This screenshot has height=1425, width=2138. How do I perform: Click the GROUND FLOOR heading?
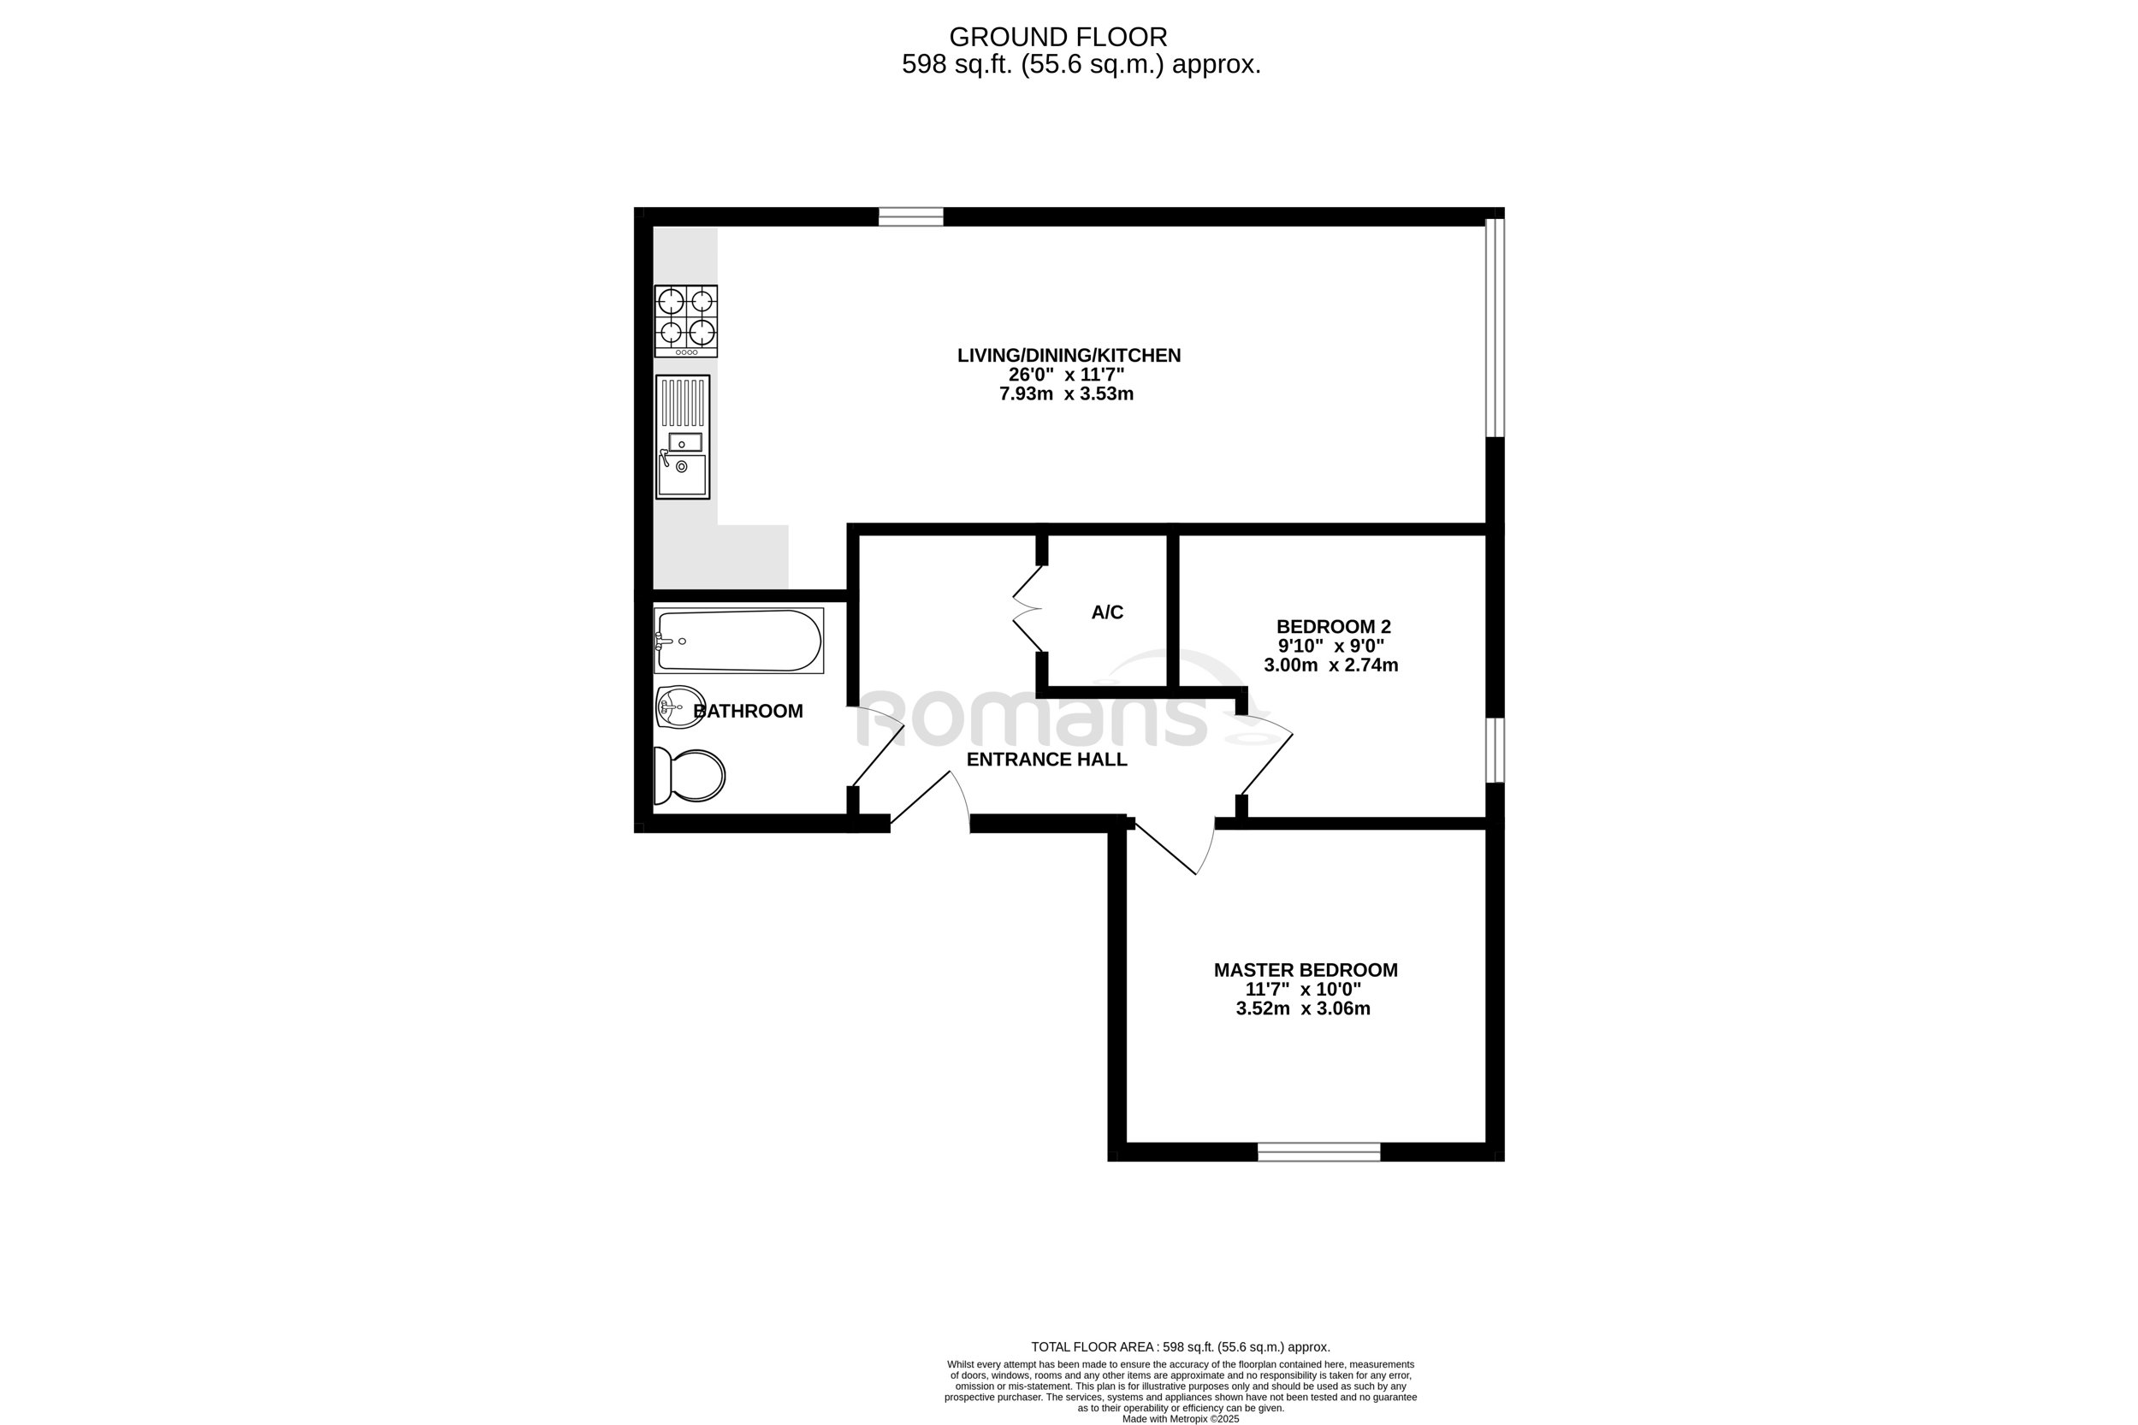point(1058,38)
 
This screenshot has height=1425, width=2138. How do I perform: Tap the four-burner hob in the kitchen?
point(686,321)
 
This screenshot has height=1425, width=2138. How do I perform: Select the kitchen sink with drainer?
point(683,437)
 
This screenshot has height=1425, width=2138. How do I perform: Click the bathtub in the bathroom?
point(739,641)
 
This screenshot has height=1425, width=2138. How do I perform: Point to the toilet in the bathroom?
point(690,775)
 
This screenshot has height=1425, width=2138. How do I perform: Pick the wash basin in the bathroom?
point(680,707)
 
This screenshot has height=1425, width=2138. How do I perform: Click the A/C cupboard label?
point(1107,612)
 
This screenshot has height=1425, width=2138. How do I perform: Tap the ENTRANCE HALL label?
point(1046,760)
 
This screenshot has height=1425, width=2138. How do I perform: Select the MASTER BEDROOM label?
point(1306,970)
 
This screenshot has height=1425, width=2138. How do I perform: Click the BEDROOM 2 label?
point(1334,626)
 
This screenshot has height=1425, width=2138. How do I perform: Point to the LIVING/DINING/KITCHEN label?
point(1069,355)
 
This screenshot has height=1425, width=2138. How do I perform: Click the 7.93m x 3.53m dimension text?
point(1066,394)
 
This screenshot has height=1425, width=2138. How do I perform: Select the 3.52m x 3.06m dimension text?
point(1303,1008)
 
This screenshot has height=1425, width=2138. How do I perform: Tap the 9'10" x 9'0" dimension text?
point(1331,646)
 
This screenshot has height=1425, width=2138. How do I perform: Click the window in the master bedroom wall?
point(1319,1152)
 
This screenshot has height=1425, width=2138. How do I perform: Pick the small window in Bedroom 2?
point(1495,750)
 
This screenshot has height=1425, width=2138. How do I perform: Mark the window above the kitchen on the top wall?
point(911,216)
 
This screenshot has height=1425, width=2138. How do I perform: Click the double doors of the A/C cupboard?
point(1028,609)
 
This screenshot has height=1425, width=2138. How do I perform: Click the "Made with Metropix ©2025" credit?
point(1181,1419)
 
